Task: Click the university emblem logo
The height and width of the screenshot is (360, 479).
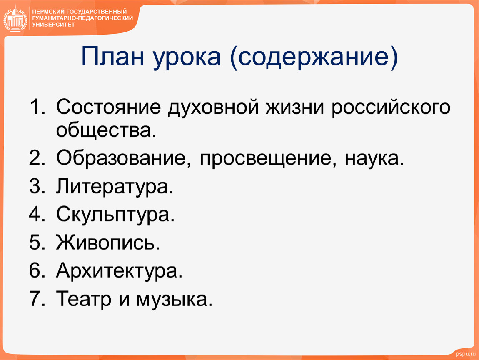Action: point(15,19)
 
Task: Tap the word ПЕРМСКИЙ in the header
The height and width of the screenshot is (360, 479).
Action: point(47,12)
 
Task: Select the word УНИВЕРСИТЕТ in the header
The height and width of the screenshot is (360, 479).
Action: point(53,25)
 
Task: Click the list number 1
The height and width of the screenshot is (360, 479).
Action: point(36,107)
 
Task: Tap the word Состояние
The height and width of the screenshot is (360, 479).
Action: point(108,107)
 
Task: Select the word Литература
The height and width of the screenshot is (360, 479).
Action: point(115,186)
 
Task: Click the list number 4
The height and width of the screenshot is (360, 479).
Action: point(37,214)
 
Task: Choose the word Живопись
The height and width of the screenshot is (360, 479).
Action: point(108,242)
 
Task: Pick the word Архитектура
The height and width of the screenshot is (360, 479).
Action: point(119,271)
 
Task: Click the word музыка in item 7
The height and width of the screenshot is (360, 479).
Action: point(174,299)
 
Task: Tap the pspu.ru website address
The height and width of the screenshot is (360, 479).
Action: point(466,354)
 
